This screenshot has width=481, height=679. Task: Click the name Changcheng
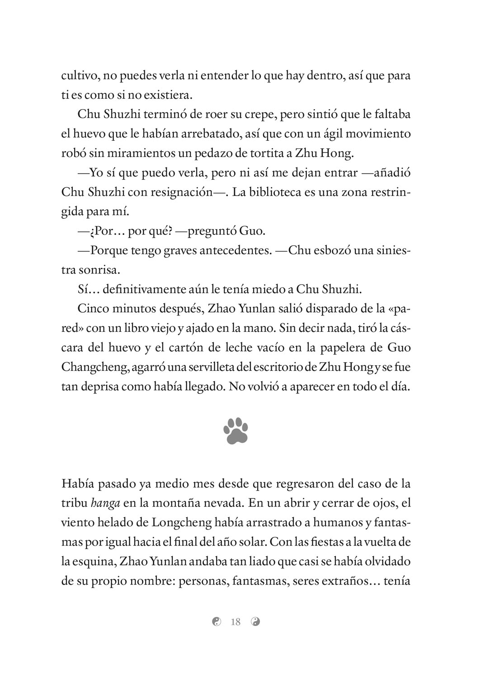[x=94, y=368]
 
